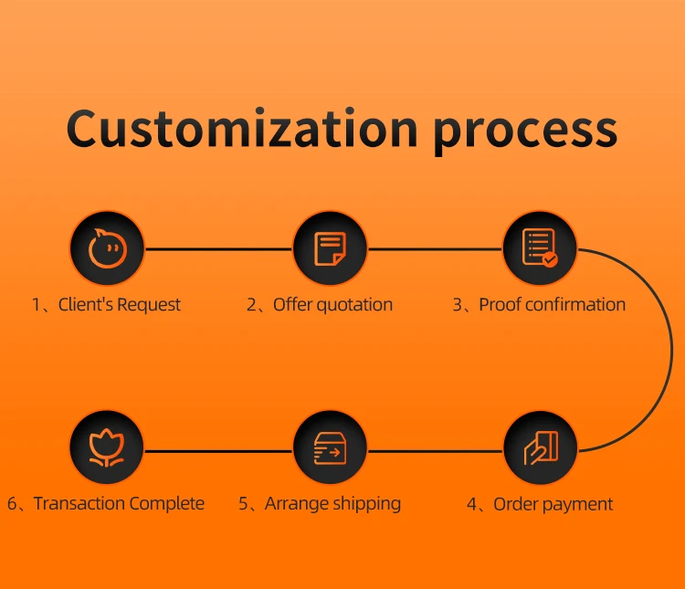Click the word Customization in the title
coord(242,128)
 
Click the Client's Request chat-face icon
coord(107,248)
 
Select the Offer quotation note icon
coord(330,248)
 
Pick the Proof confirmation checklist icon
coord(540,248)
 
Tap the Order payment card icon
coord(541,447)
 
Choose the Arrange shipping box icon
coord(330,447)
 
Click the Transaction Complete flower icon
coord(107,447)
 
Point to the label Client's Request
coord(120,305)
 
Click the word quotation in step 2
coord(354,305)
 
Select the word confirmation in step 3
coord(574,305)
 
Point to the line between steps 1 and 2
coord(218,249)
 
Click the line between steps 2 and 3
coord(435,249)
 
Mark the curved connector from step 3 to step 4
coord(671,350)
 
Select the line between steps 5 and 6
coord(218,450)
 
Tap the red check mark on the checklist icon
coord(550,259)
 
